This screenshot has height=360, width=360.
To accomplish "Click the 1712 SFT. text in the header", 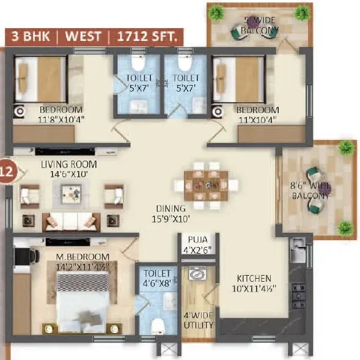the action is [x=147, y=36].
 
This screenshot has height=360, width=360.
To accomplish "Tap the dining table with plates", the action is [x=206, y=186].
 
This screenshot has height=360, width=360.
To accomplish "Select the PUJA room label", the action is [x=197, y=240].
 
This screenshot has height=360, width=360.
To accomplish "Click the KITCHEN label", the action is [x=254, y=279].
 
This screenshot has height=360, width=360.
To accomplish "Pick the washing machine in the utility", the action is [x=197, y=273].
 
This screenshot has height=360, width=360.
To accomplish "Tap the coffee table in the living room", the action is [x=71, y=194].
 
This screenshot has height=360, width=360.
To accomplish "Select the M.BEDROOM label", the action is [x=83, y=257].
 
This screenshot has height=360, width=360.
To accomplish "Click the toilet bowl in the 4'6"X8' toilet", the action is [x=158, y=326].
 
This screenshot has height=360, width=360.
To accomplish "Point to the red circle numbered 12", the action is [x=8, y=171].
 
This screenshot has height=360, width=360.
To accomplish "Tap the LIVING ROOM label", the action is [x=69, y=164].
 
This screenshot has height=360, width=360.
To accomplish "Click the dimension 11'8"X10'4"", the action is [x=61, y=120].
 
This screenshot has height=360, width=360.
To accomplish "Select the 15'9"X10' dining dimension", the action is [x=171, y=219].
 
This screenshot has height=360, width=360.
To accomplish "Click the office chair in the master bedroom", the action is [x=27, y=255].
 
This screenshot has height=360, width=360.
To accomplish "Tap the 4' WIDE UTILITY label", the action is [x=199, y=320].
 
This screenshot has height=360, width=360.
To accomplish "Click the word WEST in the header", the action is [x=83, y=36].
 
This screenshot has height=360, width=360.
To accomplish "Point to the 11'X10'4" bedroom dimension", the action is [x=257, y=120].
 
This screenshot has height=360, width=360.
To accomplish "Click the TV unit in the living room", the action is [x=65, y=152].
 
